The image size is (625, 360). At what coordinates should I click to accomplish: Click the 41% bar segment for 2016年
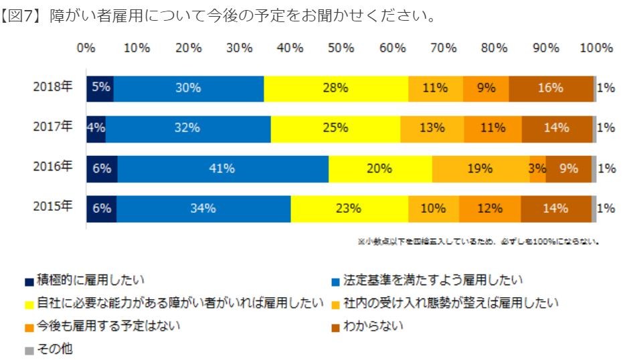[221, 169]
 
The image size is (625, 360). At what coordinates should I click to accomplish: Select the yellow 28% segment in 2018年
[335, 88]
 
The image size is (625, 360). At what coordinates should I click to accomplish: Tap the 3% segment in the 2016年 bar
[537, 169]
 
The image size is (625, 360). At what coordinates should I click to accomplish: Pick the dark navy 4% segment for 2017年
[96, 128]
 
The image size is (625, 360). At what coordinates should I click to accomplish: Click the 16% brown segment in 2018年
[551, 88]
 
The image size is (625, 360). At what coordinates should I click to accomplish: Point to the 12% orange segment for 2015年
[489, 209]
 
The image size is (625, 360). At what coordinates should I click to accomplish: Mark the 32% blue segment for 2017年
[188, 128]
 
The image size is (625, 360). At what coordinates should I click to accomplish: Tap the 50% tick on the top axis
[341, 48]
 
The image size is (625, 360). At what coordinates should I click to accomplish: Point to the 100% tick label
[596, 48]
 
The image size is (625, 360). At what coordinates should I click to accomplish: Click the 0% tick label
[86, 48]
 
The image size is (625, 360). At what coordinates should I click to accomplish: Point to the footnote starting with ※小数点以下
[478, 242]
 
